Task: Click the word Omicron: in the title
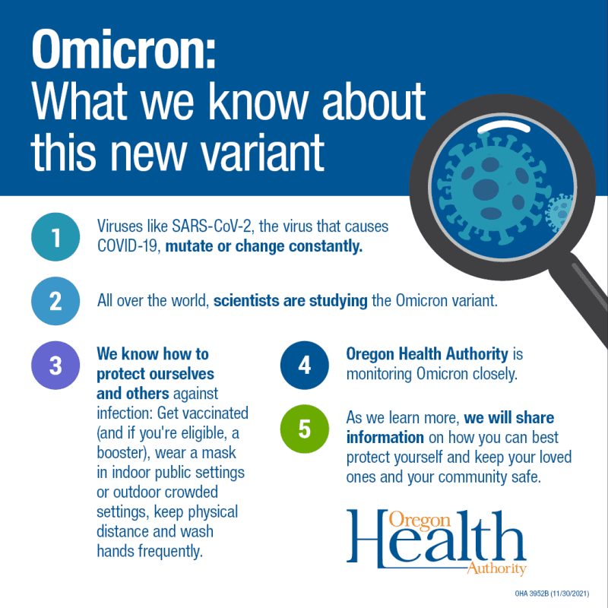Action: click(x=123, y=49)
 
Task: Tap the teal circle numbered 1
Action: click(x=55, y=237)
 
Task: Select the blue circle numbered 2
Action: click(x=55, y=301)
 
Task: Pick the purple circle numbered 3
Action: click(x=55, y=366)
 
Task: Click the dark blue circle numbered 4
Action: click(x=305, y=366)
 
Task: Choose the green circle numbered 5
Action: click(x=305, y=429)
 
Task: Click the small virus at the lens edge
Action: click(x=559, y=214)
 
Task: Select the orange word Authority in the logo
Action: click(x=497, y=568)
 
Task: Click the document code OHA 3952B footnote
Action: click(x=552, y=594)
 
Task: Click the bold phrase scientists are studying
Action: click(x=290, y=301)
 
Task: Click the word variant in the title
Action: click(x=262, y=152)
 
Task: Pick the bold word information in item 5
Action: click(x=385, y=438)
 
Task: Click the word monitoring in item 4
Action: click(x=378, y=374)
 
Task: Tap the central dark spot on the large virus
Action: click(x=486, y=189)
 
